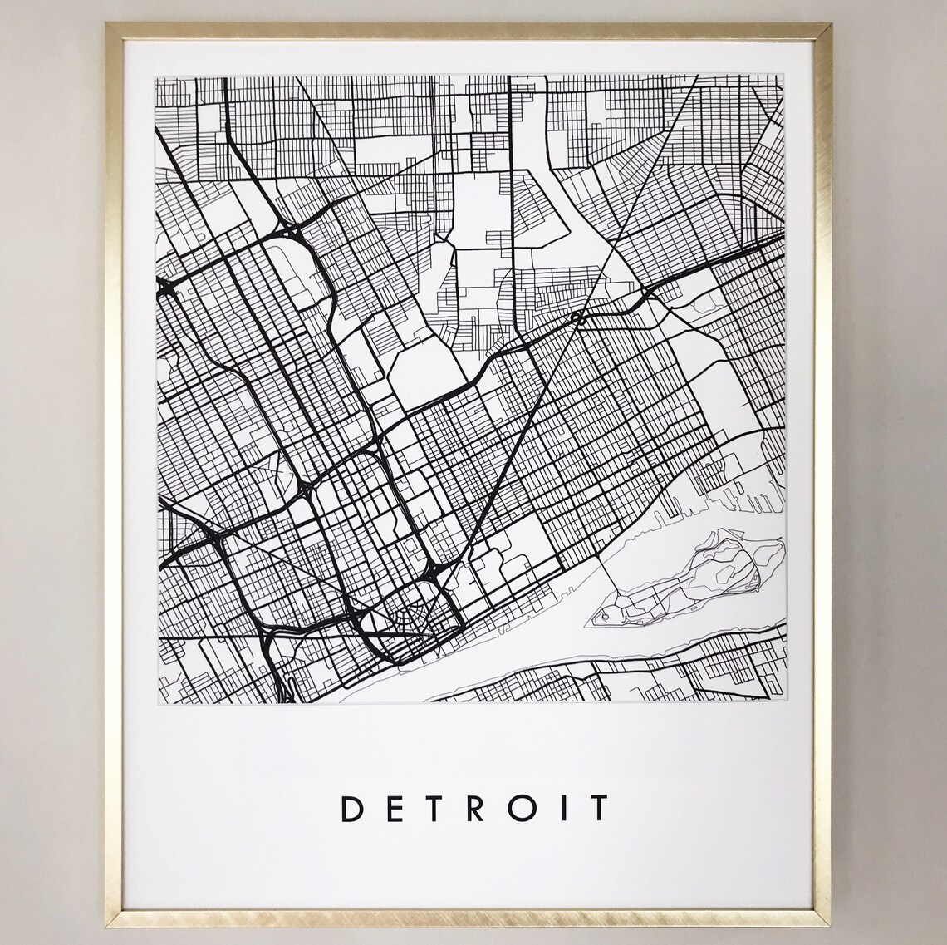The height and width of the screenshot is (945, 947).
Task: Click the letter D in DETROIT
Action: click(352, 808)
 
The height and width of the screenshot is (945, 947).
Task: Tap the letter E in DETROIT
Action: click(395, 808)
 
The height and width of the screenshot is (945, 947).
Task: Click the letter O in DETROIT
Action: click(523, 808)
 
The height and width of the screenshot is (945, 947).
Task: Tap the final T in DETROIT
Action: click(597, 808)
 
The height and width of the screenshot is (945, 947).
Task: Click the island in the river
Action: click(698, 582)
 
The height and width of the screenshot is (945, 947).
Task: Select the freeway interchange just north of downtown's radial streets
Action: click(436, 573)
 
